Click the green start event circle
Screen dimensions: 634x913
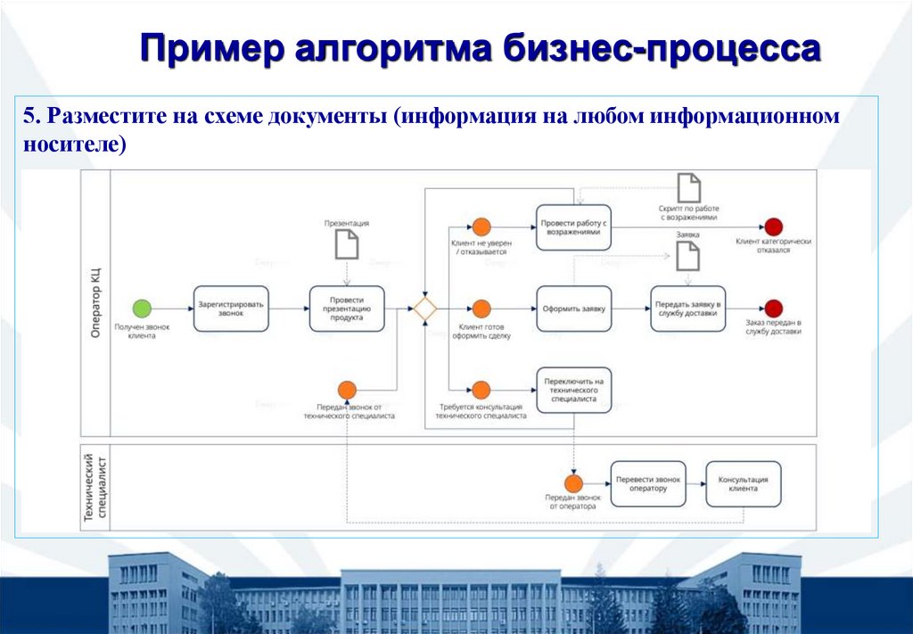point(142,309)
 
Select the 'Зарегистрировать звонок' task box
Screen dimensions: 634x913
point(231,309)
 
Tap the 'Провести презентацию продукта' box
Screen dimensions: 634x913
point(348,309)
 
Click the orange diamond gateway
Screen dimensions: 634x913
point(424,309)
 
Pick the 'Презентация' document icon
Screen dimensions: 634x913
point(347,243)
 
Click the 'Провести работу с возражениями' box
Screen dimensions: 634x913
point(573,226)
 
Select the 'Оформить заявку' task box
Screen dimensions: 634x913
point(573,309)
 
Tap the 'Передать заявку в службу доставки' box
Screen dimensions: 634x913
point(687,309)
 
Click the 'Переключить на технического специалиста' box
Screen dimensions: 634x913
point(573,389)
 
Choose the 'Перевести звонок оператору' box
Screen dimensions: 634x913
point(648,483)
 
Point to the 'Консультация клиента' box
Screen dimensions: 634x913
point(743,483)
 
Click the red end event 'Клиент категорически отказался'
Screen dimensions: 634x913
point(773,226)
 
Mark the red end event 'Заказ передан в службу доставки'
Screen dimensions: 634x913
point(773,309)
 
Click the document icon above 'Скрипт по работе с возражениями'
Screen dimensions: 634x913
point(688,188)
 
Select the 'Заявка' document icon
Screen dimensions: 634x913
point(687,256)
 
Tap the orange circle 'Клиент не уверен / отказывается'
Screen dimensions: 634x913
point(481,226)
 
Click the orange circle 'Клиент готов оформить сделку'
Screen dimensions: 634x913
point(481,309)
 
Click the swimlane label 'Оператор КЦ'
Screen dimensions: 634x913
point(95,302)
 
